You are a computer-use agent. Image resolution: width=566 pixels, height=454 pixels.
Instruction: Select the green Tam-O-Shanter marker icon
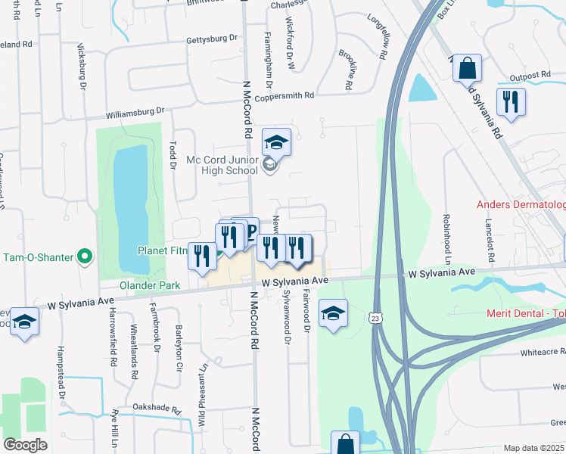pyautogui.click(x=85, y=257)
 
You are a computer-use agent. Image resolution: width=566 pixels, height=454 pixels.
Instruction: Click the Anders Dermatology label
pyautogui.click(x=521, y=205)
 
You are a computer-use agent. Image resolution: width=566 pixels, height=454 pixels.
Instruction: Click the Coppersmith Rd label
pyautogui.click(x=284, y=96)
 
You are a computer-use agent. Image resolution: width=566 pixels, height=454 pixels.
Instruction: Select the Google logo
pyautogui.click(x=25, y=445)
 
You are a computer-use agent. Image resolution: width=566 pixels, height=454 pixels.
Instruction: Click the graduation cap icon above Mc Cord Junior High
pyautogui.click(x=276, y=141)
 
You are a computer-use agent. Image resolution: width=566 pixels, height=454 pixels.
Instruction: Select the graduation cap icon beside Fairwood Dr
pyautogui.click(x=332, y=313)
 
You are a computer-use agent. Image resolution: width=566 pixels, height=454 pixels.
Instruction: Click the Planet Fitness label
pyautogui.click(x=161, y=250)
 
